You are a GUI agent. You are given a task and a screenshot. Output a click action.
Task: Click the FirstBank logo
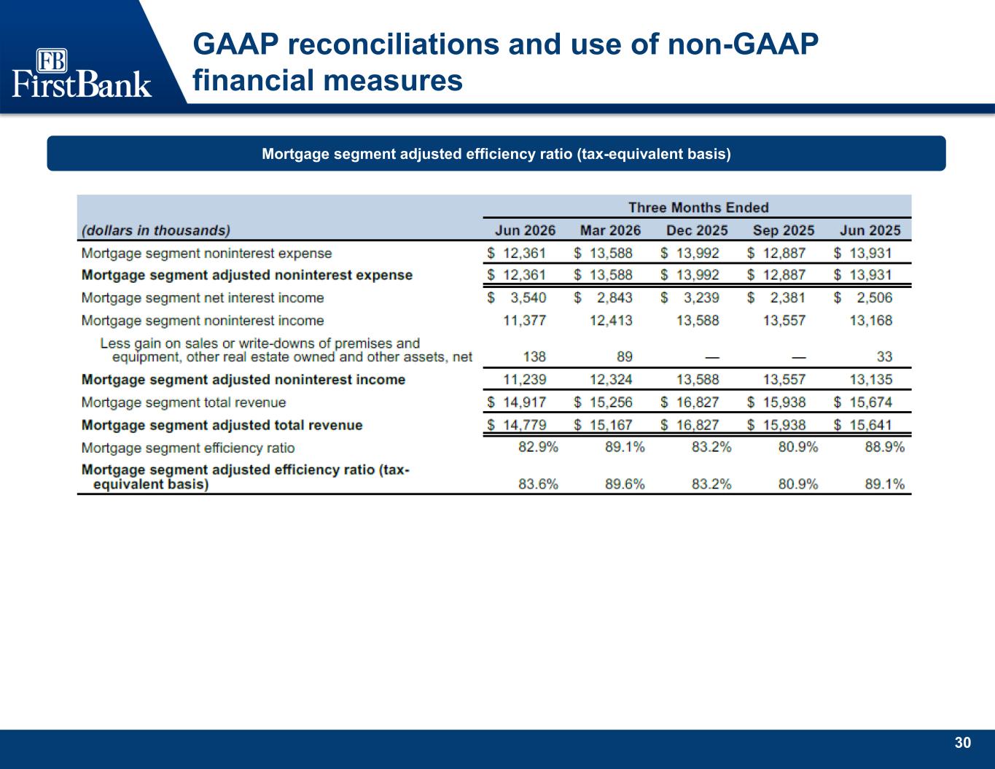[x=82, y=73]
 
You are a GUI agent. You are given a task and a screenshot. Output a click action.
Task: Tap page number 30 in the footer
[x=962, y=743]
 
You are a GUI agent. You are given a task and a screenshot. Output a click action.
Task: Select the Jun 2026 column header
[x=525, y=230]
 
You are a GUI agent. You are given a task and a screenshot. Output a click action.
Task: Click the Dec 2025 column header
[x=697, y=230]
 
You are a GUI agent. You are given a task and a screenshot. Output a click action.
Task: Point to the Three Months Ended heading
[x=698, y=207]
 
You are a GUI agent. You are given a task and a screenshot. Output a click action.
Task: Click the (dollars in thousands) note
[x=156, y=230]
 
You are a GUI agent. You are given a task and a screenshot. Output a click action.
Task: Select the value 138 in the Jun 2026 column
[x=534, y=356]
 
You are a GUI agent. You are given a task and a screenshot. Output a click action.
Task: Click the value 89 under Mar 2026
[x=625, y=356]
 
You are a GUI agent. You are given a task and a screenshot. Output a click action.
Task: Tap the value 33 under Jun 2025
[x=884, y=356]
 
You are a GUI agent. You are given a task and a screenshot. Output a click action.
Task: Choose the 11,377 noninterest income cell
[x=525, y=321]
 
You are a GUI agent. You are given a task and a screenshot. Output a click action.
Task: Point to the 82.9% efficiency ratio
[x=538, y=447]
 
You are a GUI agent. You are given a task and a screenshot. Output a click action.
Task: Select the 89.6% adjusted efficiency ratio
[x=625, y=484]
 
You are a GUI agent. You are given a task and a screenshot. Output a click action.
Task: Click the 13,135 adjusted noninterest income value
[x=871, y=379]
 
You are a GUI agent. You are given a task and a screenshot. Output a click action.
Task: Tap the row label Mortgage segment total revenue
[x=184, y=402]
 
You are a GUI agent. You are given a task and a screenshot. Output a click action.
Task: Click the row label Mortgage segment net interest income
[x=203, y=298]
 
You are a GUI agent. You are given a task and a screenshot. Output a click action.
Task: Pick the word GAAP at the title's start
[x=236, y=44]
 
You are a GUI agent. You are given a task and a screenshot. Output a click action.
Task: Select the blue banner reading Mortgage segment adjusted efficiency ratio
[x=496, y=153]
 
